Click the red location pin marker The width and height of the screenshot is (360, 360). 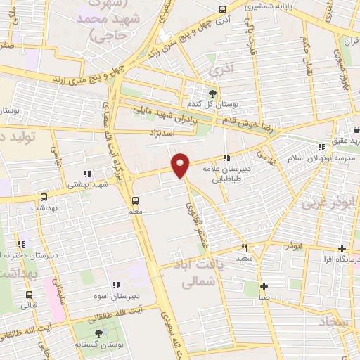tap(181, 165)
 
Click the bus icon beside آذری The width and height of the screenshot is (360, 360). tap(223, 10)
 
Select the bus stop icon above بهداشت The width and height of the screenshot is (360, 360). tap(45, 198)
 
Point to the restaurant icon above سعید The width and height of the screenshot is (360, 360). tap(245, 247)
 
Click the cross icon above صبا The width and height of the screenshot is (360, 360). tap(264, 286)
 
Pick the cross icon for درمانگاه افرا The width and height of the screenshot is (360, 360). tap(342, 248)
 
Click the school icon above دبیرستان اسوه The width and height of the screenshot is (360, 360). tap(117, 285)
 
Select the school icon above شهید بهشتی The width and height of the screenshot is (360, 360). tap(86, 173)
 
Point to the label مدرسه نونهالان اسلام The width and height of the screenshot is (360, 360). tap(312, 158)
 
